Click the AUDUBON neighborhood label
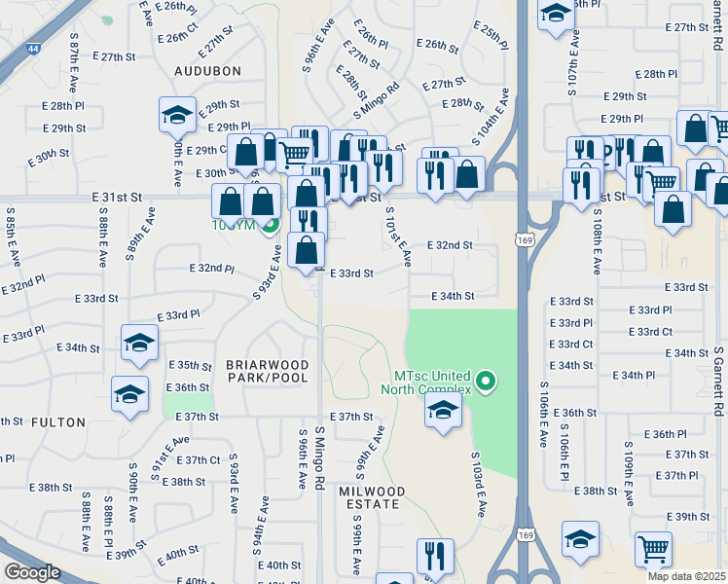(x=207, y=71)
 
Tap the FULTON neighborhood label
(x=58, y=422)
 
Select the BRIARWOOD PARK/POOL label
(x=268, y=372)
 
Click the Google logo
(x=32, y=572)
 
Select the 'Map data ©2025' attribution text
(x=687, y=576)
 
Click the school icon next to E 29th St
(x=177, y=115)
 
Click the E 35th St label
(x=190, y=365)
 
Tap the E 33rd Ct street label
(x=571, y=345)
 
